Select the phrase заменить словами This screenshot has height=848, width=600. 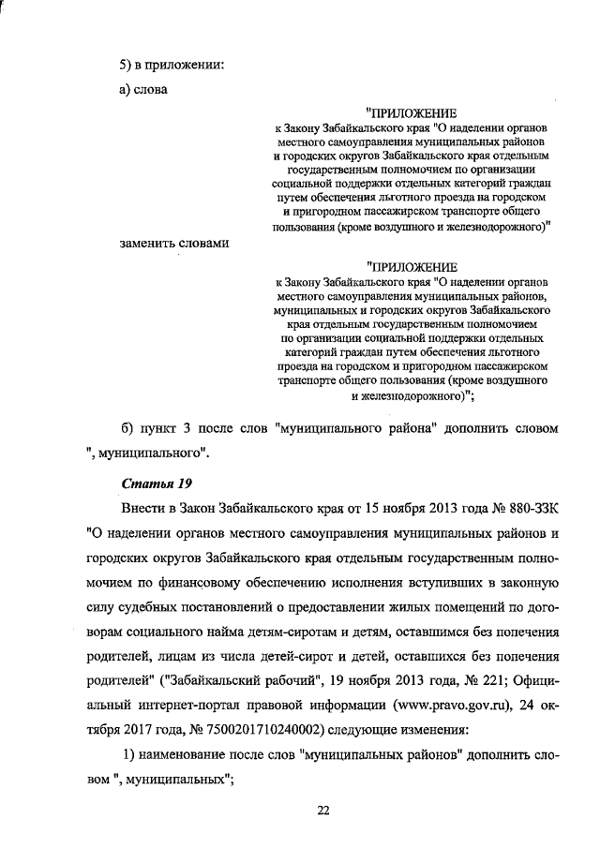point(173,244)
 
